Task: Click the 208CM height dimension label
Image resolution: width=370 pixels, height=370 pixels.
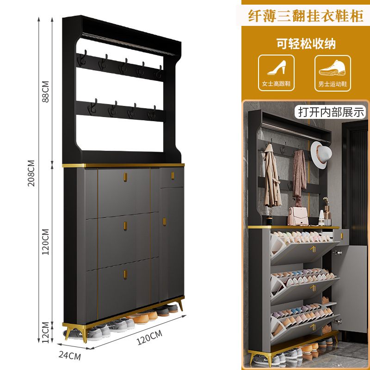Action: pos(31,173)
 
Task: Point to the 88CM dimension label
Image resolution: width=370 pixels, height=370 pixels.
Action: pos(45,92)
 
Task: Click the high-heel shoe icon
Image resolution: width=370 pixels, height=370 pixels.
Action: pos(276,69)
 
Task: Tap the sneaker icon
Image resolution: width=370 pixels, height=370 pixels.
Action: pos(332,69)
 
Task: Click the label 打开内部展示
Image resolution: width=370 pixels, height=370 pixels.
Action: pos(332,111)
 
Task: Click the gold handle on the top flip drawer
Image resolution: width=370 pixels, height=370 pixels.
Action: pos(125,177)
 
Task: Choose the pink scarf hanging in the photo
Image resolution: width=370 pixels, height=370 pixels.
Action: pos(300,176)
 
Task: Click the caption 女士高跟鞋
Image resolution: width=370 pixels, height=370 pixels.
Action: pos(276,84)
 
